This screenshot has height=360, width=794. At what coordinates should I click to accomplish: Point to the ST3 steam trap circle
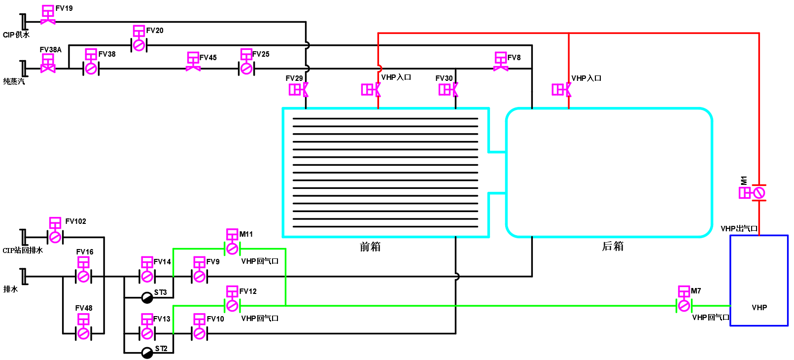click(147, 298)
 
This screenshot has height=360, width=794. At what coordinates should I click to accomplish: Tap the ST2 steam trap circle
click(147, 353)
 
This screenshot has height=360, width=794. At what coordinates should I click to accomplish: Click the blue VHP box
click(759, 281)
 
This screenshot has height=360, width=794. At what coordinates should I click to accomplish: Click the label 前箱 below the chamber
click(370, 247)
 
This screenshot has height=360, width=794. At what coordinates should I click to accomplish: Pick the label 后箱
click(613, 246)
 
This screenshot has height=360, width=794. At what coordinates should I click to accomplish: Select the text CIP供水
click(16, 35)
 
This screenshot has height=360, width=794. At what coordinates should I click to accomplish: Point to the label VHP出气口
click(739, 229)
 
